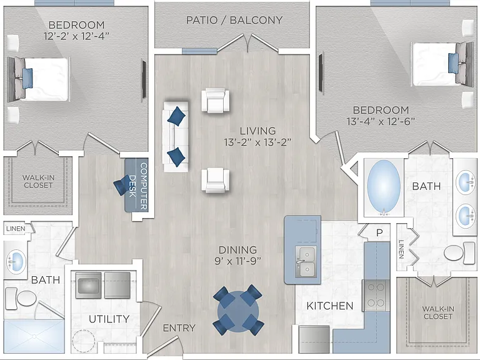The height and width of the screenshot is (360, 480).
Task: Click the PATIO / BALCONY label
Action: tap(234, 20)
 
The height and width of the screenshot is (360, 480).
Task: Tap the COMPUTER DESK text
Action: tap(138, 186)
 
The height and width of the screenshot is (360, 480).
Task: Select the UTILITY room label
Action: tap(109, 319)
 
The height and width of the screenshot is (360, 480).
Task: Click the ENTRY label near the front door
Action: tap(179, 328)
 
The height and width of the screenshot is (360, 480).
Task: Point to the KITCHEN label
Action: tap(330, 306)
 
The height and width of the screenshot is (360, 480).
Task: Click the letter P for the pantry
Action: tap(379, 232)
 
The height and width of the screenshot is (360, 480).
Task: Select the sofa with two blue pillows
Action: tap(176, 136)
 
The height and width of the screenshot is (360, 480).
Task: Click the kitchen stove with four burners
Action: tap(376, 296)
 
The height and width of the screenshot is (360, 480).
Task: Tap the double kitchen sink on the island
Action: tap(306, 262)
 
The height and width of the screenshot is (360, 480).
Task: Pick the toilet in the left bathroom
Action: tap(21, 298)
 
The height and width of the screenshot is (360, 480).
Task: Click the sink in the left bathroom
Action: tap(16, 262)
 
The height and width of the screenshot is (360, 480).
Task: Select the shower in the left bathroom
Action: tap(34, 336)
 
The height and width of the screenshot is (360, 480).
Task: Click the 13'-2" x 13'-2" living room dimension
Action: tap(257, 142)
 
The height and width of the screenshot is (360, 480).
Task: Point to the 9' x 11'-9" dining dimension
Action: tap(238, 261)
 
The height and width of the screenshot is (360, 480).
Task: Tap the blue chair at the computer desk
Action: tap(122, 184)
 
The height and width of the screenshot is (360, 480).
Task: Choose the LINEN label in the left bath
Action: tap(16, 229)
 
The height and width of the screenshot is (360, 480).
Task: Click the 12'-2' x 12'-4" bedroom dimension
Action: tap(76, 36)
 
